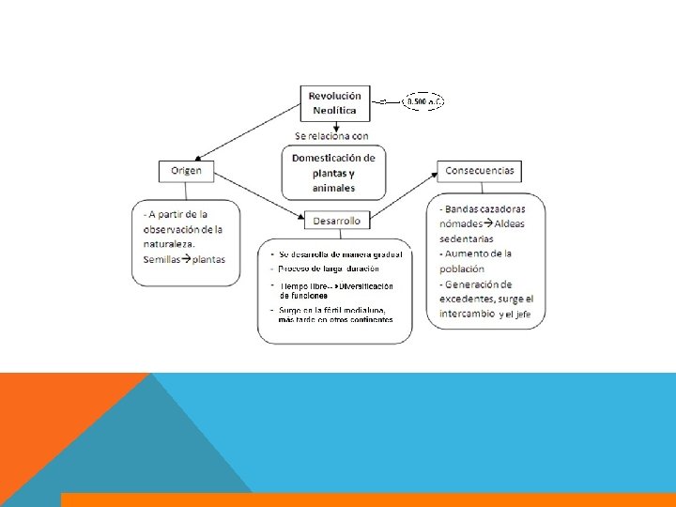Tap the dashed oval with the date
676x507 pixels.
424,100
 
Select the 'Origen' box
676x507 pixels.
186,171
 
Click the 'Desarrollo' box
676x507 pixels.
337,221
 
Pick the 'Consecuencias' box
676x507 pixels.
479,171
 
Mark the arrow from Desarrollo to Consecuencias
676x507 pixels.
404,195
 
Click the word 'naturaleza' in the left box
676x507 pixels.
169,244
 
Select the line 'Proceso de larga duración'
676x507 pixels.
333,269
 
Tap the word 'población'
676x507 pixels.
462,269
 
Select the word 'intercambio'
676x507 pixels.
467,314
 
